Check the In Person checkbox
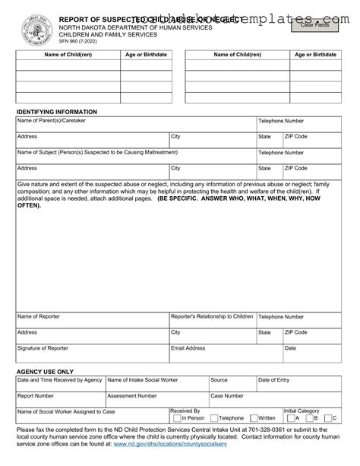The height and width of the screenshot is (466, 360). [x=175, y=417]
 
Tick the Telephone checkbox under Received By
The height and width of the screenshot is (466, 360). [x=213, y=417]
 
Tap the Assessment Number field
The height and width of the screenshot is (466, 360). [x=156, y=398]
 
